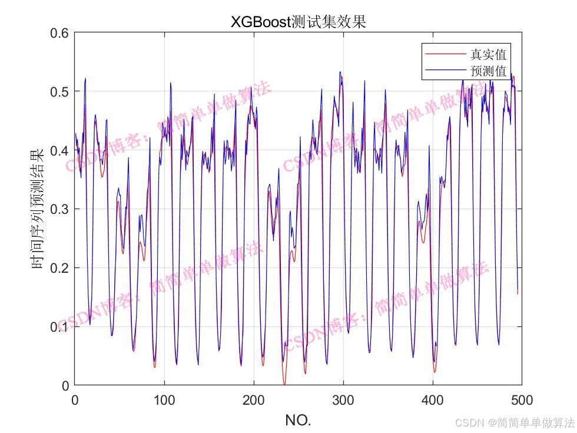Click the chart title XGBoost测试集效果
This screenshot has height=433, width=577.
pos(298,22)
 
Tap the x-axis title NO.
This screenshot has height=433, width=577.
pos(298,420)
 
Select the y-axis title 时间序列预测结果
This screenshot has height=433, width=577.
pos(37,209)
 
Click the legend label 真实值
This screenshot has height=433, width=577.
pos(488,55)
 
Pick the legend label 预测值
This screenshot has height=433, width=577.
pos(488,71)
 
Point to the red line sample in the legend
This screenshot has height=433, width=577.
pos(444,55)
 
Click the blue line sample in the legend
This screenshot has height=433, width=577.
pos(444,71)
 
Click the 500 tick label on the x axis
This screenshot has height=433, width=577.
pos(522,401)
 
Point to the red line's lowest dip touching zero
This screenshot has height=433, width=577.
pos(284,384)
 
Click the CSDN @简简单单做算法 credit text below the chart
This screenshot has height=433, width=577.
pos(515,422)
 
